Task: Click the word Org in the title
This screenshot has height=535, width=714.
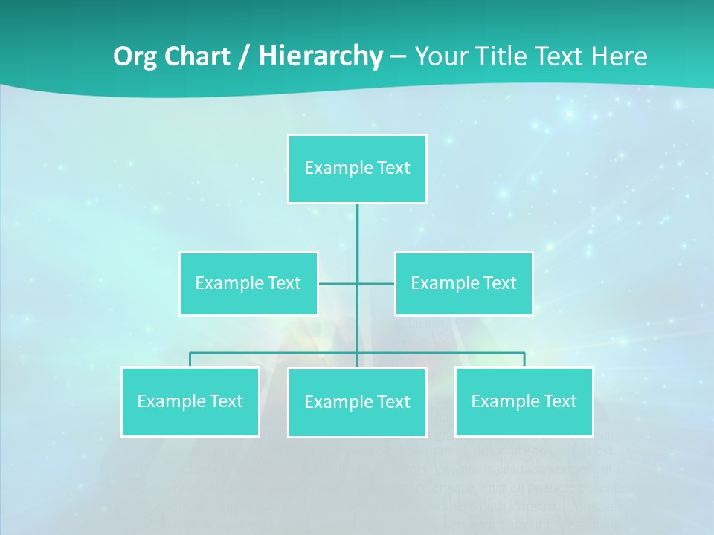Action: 135,56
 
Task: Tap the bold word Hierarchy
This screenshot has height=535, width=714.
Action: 320,56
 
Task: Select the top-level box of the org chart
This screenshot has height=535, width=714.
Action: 357,169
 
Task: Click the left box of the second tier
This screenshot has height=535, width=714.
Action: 248,283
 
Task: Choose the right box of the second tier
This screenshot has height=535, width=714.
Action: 463,283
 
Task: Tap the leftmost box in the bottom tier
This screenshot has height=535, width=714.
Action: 190,401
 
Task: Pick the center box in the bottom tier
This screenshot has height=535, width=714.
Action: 357,402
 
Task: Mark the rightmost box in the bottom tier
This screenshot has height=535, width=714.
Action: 524,401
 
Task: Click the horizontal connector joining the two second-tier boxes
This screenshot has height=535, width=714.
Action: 338,283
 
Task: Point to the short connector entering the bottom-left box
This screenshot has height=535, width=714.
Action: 190,360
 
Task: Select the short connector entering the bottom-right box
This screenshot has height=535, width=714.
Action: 524,360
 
